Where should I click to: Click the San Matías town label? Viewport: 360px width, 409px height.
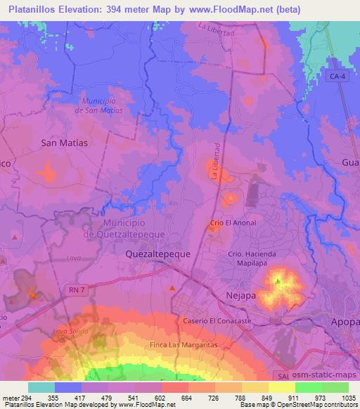[65, 142]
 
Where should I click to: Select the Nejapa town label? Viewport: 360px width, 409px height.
[240, 297]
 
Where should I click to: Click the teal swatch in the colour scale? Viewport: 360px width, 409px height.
[41, 387]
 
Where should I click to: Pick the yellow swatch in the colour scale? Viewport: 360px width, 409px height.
[282, 387]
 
